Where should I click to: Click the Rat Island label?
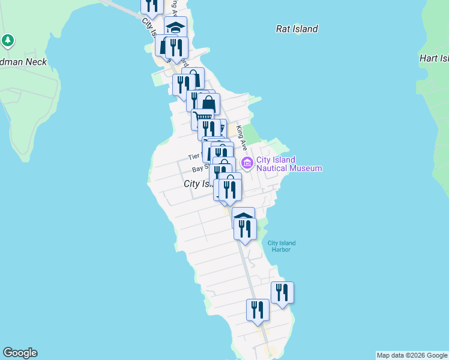coord(297,29)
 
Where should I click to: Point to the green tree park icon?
coord(8,41)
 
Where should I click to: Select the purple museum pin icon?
coord(247,163)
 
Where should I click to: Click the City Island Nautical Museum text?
coord(289,164)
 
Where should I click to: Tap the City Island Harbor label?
coord(282,246)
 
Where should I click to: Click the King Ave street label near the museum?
coord(242,137)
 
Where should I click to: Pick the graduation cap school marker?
coord(175,28)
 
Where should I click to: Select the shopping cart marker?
coord(203,118)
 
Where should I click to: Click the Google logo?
coord(20,353)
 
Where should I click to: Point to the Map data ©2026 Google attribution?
coord(412,355)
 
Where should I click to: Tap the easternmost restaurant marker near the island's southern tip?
coord(282,293)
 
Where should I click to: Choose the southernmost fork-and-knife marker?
coord(258,310)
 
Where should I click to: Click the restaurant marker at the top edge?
coord(152,5)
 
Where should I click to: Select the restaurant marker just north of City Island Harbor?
coord(245,229)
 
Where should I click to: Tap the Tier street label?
coord(193,156)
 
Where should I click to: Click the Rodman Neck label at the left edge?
coord(23,62)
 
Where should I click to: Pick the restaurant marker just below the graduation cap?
coord(176,47)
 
